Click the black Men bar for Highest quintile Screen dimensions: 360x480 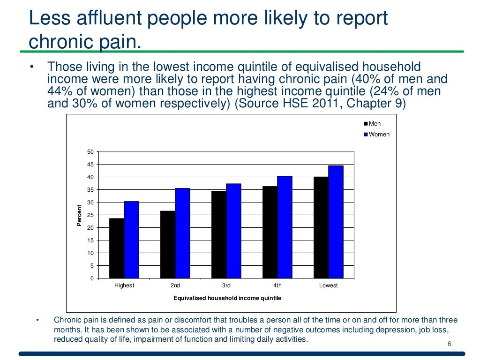point(117,248)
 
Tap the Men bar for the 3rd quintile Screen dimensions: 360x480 point(219,234)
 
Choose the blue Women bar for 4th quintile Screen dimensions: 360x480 point(285,227)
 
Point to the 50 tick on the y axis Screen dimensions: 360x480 point(90,152)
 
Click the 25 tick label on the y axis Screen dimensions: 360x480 point(90,215)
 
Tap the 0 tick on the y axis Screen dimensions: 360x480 point(92,278)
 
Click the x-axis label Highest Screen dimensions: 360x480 point(124,285)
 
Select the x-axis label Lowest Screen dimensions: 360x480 point(328,285)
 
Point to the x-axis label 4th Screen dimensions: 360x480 point(277,285)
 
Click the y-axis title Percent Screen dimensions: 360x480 point(79,215)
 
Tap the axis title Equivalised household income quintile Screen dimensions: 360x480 point(227,298)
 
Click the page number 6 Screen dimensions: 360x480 point(449,345)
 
